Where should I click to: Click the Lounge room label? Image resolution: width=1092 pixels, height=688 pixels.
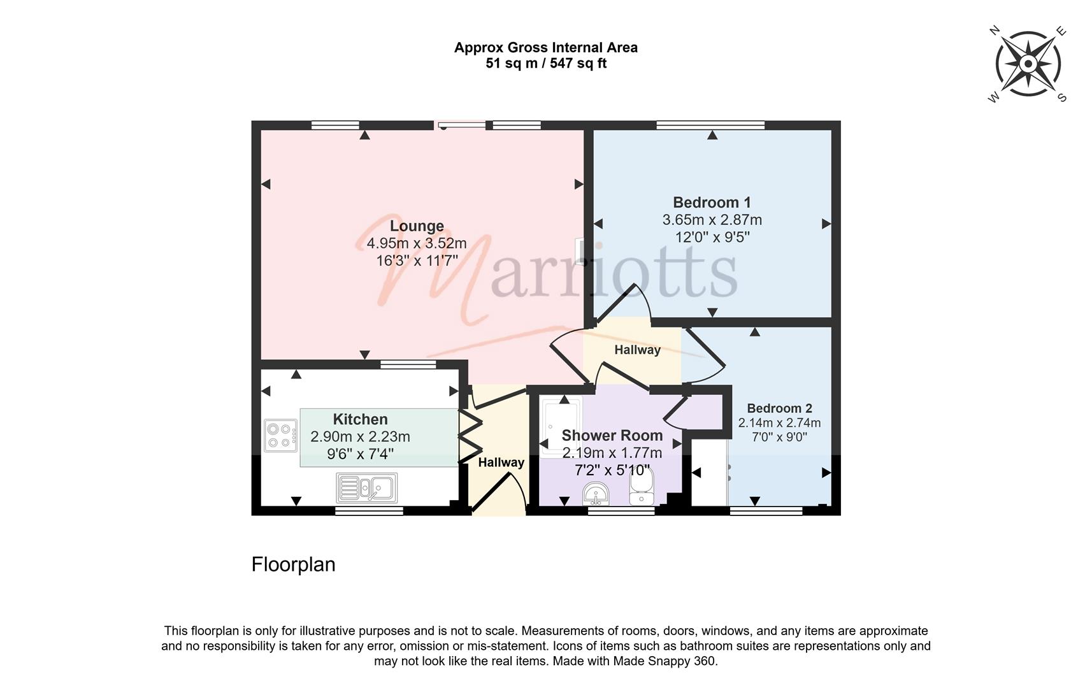(x=417, y=226)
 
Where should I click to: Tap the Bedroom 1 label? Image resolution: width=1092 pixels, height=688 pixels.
(x=712, y=202)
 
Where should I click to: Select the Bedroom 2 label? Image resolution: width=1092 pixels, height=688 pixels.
(x=780, y=408)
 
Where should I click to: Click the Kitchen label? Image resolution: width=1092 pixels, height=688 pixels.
(x=360, y=419)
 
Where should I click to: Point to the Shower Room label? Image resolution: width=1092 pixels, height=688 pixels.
(x=612, y=435)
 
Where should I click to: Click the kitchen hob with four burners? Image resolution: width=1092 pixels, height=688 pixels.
(x=280, y=436)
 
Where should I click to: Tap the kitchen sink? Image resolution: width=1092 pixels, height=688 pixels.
(x=366, y=487)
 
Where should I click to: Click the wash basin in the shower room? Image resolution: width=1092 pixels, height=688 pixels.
(x=596, y=494)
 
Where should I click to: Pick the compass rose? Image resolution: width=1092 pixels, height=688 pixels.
(x=1028, y=64)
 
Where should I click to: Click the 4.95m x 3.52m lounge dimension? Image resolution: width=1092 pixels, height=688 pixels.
(x=417, y=243)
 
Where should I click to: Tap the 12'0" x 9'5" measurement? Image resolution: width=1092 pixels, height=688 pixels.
(x=712, y=237)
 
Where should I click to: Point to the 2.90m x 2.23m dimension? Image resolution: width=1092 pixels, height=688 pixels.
(x=360, y=436)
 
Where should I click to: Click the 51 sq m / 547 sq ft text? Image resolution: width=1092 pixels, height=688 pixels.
(x=546, y=64)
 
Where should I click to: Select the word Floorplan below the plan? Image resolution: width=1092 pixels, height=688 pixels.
(x=294, y=564)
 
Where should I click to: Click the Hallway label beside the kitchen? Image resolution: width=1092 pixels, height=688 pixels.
(x=501, y=462)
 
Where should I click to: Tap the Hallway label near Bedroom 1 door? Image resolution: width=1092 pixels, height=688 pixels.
(x=637, y=350)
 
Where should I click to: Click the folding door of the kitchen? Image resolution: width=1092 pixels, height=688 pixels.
(x=470, y=436)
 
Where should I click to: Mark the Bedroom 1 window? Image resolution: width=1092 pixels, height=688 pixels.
(x=711, y=125)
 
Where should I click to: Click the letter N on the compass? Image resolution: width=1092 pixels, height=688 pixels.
(x=995, y=31)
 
